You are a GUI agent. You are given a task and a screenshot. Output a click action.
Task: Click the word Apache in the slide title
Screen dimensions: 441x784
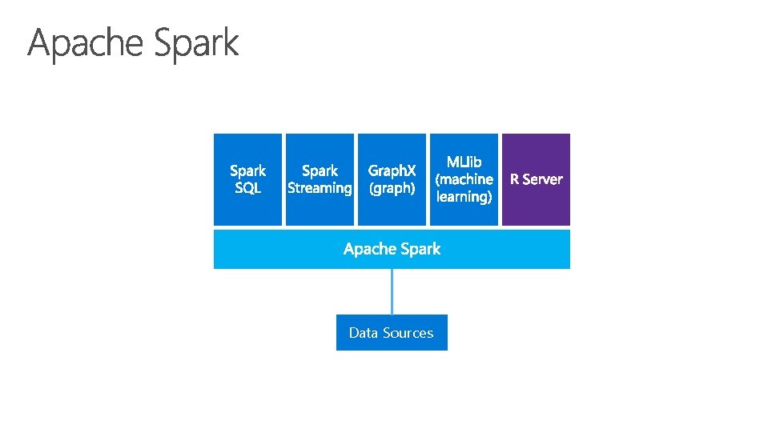86,43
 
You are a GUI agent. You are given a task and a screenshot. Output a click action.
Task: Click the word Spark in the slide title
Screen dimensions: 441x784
196,43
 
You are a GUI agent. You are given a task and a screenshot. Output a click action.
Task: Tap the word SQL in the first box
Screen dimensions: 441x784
247,188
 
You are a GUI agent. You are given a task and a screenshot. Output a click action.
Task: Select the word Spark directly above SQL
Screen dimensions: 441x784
247,170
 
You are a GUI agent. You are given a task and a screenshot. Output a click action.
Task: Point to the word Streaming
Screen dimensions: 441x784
320,188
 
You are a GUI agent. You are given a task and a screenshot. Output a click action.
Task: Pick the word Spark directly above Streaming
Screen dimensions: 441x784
320,170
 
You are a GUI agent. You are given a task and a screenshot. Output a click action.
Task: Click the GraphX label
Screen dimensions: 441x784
392,170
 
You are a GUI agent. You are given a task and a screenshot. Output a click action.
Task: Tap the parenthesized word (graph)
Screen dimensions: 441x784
392,188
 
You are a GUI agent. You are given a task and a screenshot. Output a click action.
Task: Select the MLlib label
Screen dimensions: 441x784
464,162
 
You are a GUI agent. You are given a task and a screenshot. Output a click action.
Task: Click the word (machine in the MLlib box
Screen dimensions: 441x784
464,179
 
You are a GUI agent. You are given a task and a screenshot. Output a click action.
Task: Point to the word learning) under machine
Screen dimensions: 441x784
464,196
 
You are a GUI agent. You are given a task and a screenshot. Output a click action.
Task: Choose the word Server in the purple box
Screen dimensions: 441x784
542,179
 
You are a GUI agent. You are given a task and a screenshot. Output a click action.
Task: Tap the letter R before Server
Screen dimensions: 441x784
515,179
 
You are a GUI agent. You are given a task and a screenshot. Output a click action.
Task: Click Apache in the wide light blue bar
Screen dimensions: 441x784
369,249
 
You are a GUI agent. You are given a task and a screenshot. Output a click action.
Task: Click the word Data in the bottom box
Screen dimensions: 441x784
363,333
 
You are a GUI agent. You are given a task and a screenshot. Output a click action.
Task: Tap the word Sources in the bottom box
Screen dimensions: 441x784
408,333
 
